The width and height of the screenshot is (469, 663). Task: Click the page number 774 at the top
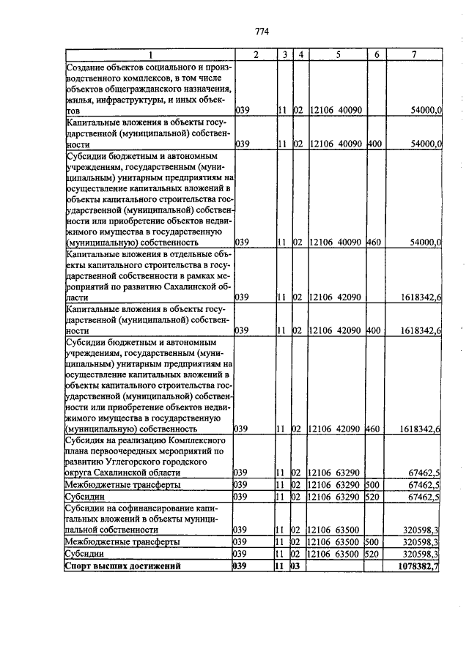(262, 32)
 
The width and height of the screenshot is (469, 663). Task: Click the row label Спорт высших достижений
(122, 566)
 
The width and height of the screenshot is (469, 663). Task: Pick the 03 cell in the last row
(298, 566)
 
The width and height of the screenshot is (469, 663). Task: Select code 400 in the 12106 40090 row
(374, 144)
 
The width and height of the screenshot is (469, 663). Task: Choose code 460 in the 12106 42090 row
(374, 429)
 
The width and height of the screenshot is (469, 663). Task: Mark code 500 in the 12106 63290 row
(374, 484)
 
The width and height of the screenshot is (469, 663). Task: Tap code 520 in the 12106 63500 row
(374, 554)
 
